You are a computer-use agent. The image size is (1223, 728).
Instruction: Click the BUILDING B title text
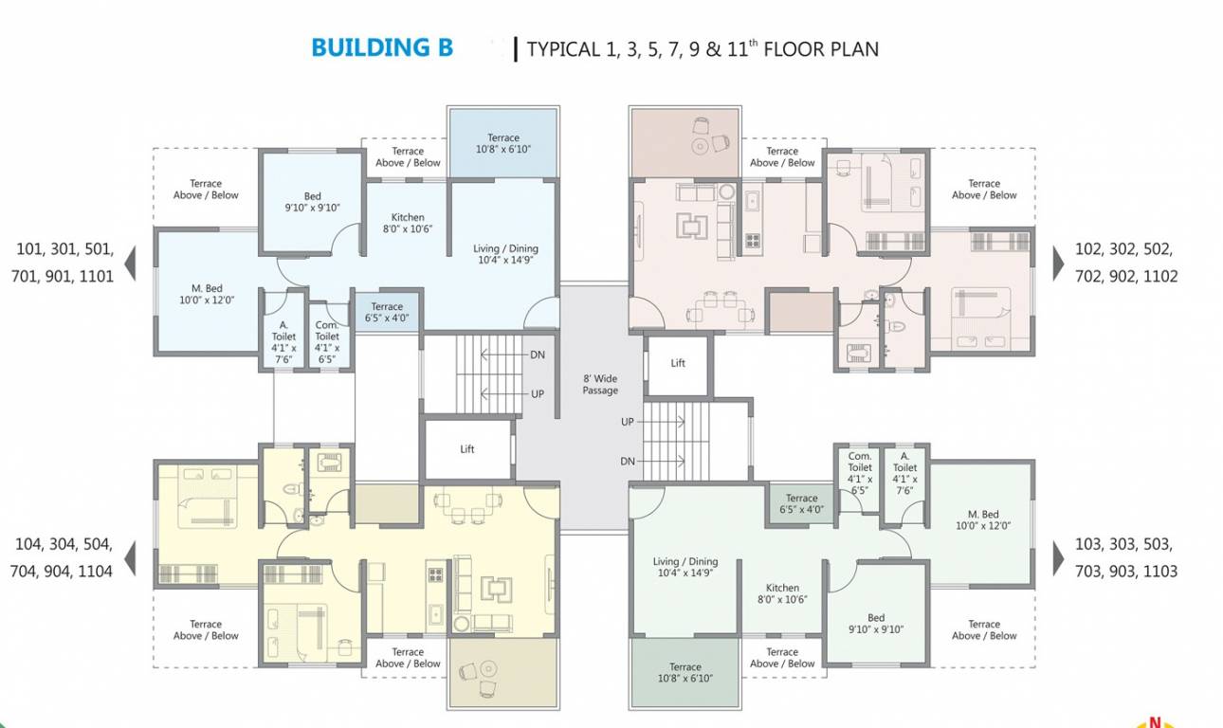[x=382, y=47]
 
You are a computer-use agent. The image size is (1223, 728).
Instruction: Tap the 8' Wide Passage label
[x=600, y=384]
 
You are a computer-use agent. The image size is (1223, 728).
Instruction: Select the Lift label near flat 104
[x=467, y=449]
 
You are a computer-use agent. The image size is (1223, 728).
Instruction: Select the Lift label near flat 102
[x=678, y=363]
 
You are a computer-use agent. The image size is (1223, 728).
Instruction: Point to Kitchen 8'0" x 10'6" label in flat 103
[x=782, y=593]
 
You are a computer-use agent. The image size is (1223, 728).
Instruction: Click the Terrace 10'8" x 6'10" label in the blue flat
[x=502, y=143]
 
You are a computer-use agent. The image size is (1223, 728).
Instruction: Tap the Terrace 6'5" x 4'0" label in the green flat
[x=801, y=503]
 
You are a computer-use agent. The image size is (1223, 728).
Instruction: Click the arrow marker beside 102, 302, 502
[x=1059, y=263]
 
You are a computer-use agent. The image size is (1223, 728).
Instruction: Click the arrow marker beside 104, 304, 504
[x=131, y=557]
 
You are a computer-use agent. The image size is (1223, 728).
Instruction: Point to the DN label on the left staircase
[x=538, y=355]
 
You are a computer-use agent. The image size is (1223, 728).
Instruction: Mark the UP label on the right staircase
[x=628, y=422]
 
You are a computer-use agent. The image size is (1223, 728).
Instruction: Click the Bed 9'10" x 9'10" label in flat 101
[x=312, y=202]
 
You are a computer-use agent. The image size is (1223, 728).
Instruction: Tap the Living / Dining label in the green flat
[x=685, y=567]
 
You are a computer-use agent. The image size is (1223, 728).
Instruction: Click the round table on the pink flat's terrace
[x=700, y=145]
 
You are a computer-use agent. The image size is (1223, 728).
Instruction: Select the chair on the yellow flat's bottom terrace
[x=468, y=671]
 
